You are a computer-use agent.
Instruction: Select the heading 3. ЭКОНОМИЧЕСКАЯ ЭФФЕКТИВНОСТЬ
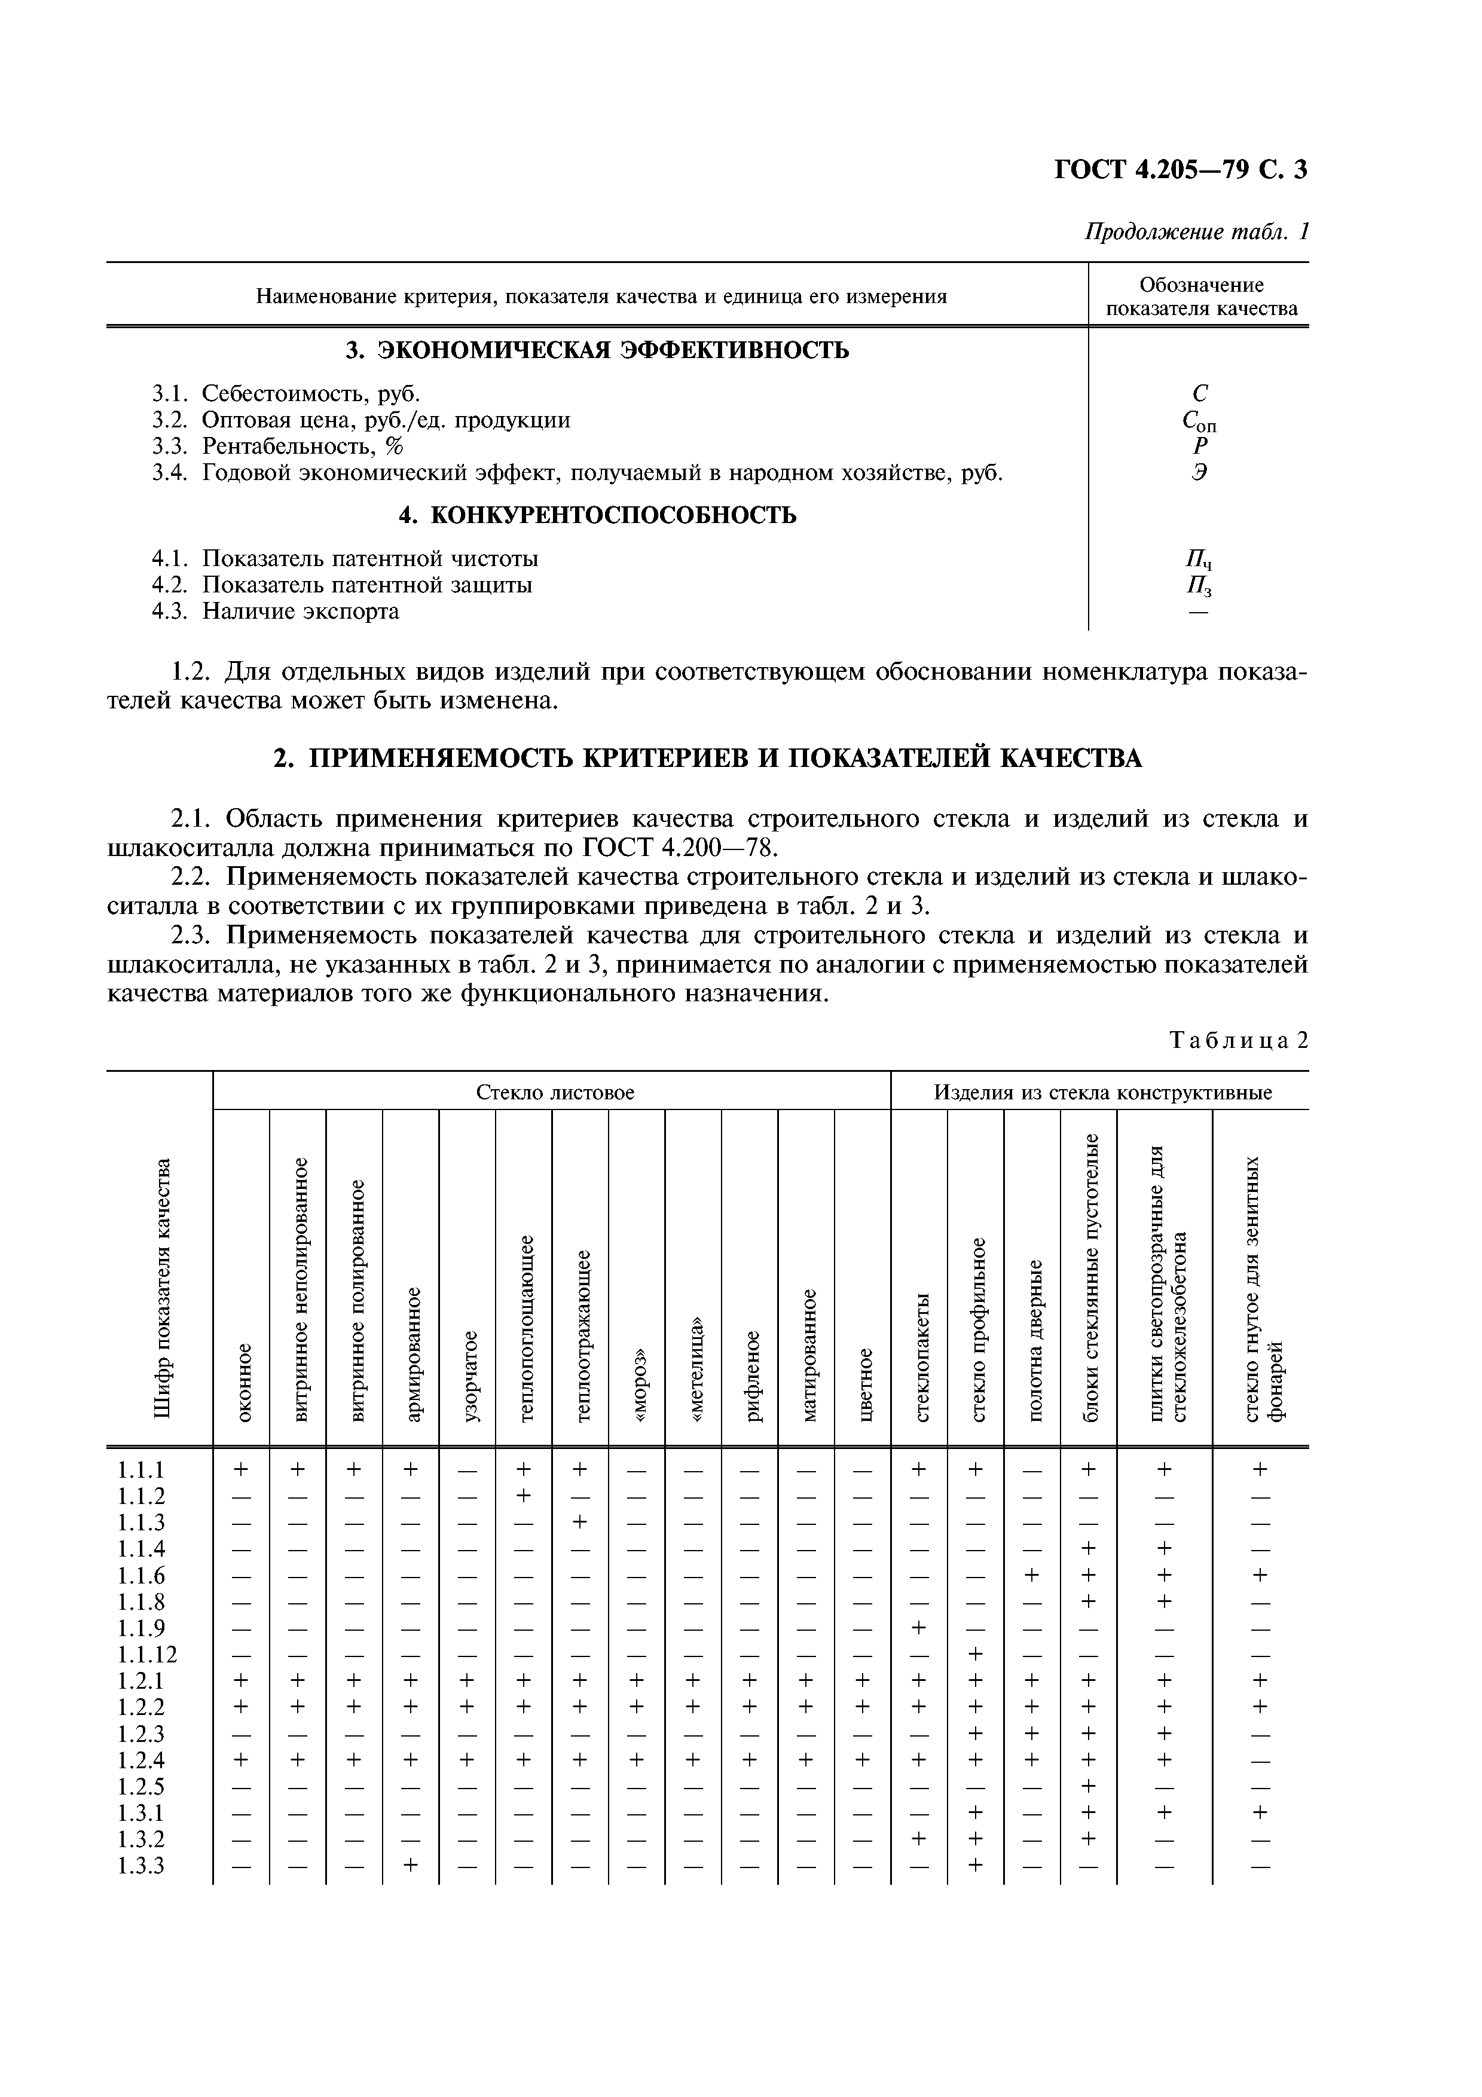[x=597, y=350]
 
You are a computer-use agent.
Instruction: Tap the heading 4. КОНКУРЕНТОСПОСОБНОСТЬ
[x=597, y=515]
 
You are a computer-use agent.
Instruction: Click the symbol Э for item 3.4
[x=1199, y=473]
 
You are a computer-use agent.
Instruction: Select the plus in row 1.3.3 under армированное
[x=411, y=1865]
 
